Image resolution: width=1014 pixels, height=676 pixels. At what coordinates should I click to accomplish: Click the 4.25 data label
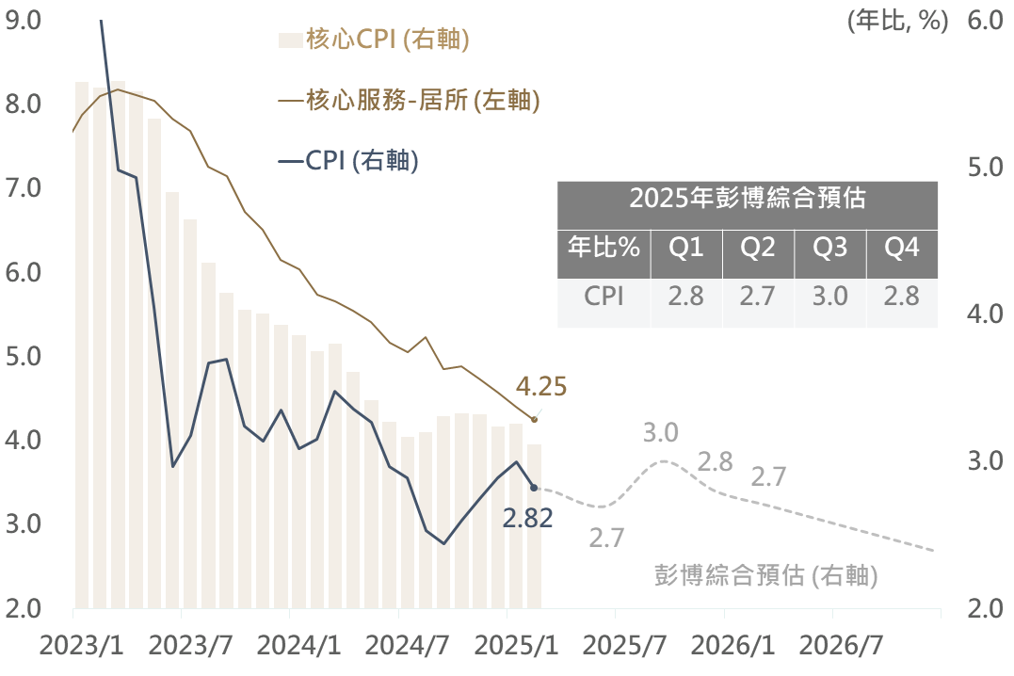542,387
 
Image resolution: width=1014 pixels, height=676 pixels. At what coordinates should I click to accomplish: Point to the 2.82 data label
527,518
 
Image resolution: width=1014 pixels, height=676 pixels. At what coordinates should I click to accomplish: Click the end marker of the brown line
535,420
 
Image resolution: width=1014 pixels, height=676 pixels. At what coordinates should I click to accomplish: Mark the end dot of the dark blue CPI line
535,488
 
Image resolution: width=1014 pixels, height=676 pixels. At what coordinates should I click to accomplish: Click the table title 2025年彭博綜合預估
748,199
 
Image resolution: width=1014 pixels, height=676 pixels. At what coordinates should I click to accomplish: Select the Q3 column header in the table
829,248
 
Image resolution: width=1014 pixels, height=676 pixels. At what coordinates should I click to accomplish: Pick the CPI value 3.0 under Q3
829,297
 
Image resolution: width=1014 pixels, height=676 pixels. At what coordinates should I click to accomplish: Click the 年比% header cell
604,248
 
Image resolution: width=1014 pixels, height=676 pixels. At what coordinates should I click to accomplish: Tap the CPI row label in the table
604,297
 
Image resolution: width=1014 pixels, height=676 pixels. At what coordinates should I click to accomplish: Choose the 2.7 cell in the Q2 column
758,297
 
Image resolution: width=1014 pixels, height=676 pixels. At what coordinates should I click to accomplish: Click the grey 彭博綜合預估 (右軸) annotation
765,575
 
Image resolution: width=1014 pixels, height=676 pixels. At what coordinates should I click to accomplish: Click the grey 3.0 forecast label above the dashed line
661,433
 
